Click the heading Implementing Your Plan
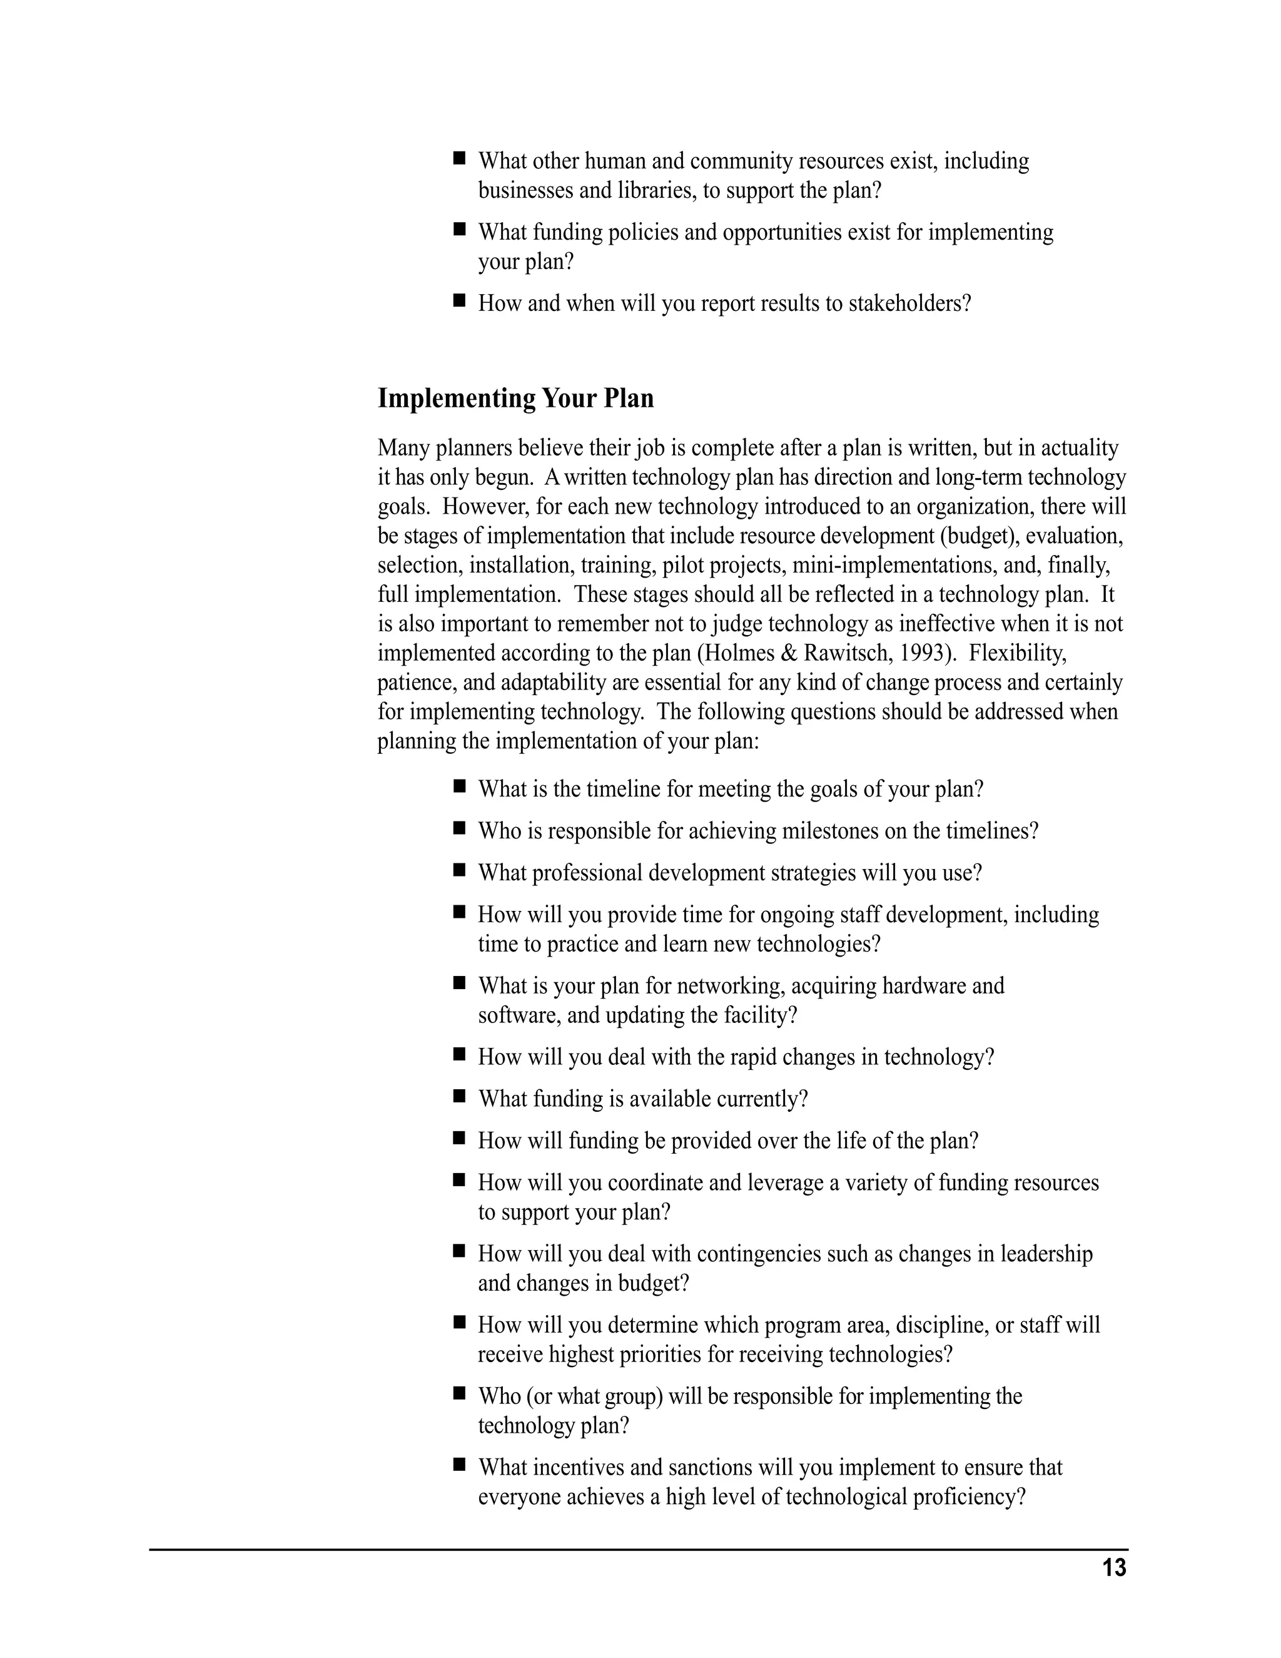coord(515,399)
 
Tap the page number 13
coord(1114,1568)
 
